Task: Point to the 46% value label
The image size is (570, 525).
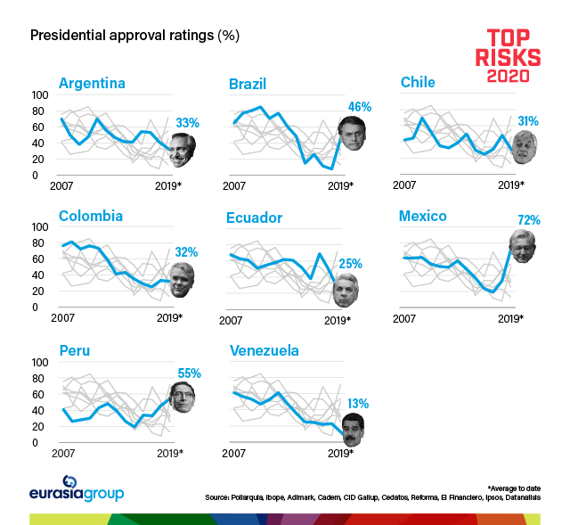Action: tap(359, 107)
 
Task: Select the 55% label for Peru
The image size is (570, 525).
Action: tap(189, 373)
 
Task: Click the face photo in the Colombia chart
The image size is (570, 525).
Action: tap(182, 279)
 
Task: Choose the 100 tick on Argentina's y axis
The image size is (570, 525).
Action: tap(40, 94)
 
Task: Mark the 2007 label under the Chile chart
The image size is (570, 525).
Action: tap(405, 185)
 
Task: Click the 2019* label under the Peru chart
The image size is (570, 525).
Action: tap(169, 454)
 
